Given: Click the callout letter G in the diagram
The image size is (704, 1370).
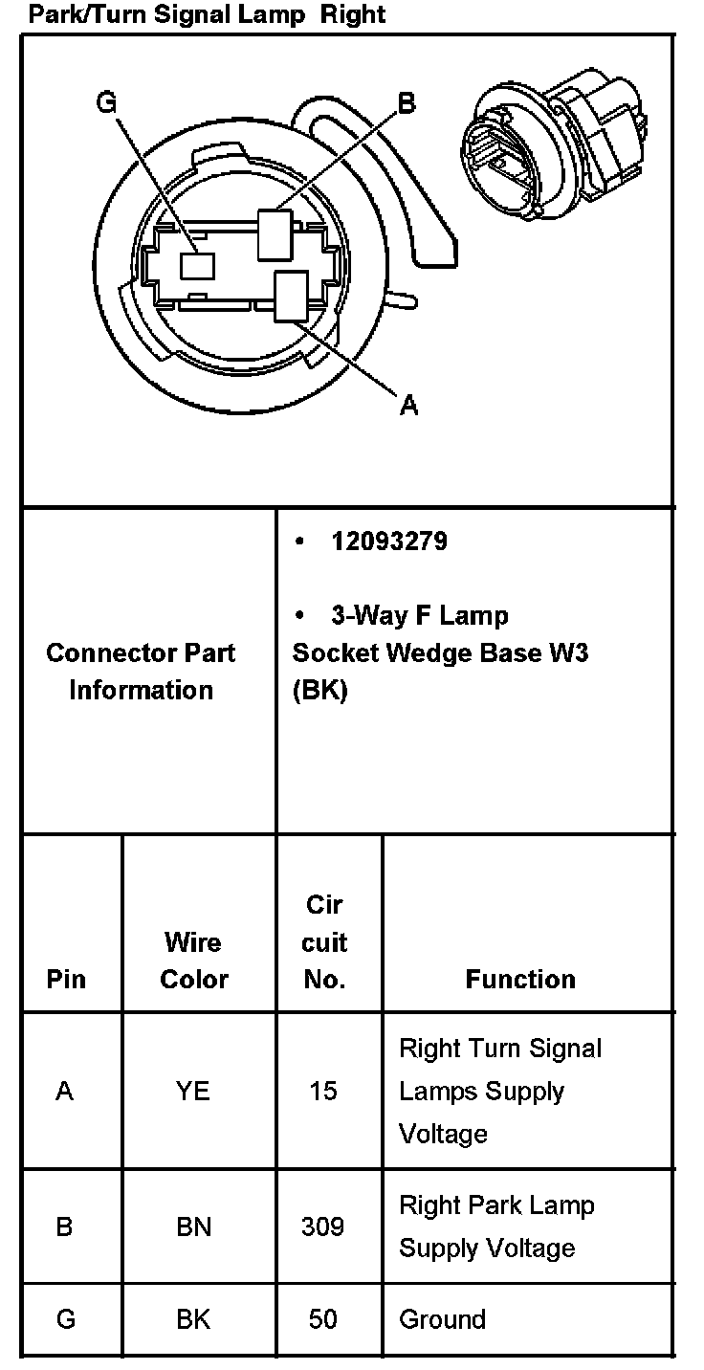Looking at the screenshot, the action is pos(106,101).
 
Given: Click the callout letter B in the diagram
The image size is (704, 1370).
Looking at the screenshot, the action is pos(407,103).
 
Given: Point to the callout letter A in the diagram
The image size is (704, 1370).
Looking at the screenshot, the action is pos(408,406).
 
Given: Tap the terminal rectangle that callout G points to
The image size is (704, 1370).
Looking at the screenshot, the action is pos(198,265).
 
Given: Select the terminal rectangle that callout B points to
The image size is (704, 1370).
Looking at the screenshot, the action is pos(275,234).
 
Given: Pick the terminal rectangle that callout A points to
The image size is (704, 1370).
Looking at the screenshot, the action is pos(290,295).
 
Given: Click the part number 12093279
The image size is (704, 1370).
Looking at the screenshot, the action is pos(389,541).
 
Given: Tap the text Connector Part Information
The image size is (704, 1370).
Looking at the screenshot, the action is pos(141,672).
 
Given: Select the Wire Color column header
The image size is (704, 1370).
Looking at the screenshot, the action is pos(194,961).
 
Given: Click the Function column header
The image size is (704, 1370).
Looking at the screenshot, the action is pos(520,979).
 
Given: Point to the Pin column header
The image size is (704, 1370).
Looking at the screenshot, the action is pos(66,979).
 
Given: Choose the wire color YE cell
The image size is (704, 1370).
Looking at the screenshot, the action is pos(193,1091).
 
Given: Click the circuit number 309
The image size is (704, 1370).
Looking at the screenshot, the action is pos(322,1226).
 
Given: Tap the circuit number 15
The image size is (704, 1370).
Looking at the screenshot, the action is pos(323,1091).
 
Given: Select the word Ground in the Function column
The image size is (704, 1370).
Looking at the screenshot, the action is pos(442,1319).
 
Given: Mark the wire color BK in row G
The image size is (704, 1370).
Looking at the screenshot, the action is pos(193,1319).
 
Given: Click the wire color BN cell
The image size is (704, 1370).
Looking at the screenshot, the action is pos(193,1226).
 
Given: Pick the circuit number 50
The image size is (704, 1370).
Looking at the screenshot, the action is pos(323,1319).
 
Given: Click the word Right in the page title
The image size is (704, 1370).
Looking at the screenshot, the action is pos(353,15).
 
